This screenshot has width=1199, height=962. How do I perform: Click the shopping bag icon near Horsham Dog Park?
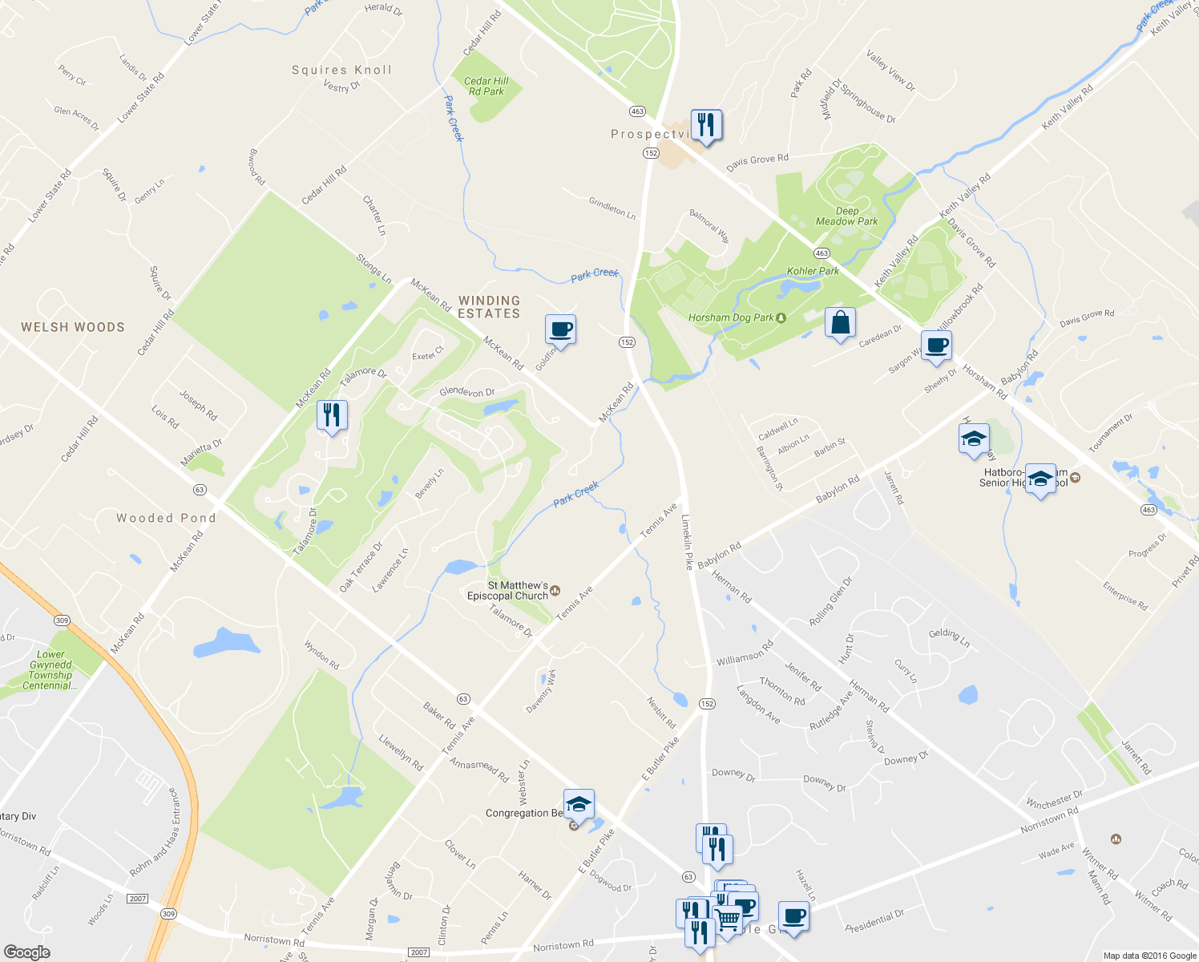tap(840, 323)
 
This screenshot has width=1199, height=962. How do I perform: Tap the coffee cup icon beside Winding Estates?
tap(560, 329)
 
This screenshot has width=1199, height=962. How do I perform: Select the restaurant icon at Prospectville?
tap(706, 125)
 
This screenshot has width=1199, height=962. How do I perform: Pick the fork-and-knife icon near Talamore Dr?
tap(332, 415)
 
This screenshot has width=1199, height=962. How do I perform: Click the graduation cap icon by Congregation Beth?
tap(579, 804)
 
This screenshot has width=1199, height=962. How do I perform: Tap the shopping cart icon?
tap(726, 919)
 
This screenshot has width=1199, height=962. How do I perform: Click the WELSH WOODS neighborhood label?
tap(73, 327)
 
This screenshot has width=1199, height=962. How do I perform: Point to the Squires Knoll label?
tap(342, 71)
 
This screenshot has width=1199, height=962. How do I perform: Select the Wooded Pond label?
tap(166, 519)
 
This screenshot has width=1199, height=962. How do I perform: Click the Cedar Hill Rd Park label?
tap(486, 87)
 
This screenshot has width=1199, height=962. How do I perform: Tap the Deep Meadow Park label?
tap(846, 216)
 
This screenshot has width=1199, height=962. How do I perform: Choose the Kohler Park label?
tap(813, 271)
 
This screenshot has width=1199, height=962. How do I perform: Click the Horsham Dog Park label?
tap(731, 317)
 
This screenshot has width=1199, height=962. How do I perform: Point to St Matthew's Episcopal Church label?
tap(508, 591)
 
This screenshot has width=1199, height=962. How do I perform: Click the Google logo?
tap(26, 952)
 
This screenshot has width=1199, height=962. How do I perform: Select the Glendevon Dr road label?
tap(467, 392)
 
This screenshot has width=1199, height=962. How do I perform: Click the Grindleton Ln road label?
tap(612, 208)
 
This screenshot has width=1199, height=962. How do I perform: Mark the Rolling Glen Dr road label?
tap(831, 601)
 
